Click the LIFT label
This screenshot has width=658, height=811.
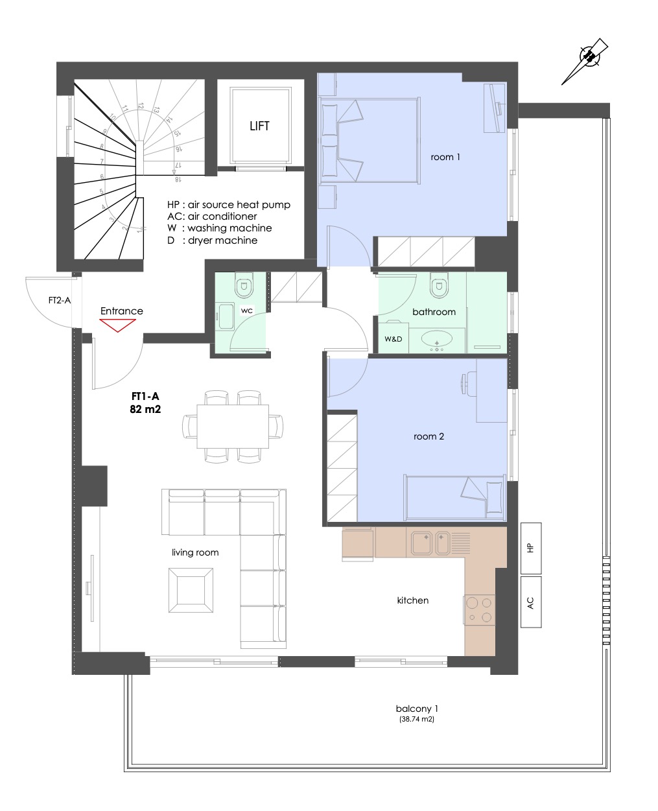click(259, 126)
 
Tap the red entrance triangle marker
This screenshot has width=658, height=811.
click(117, 325)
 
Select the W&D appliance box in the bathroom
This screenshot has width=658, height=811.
click(393, 338)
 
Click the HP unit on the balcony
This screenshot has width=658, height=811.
click(530, 548)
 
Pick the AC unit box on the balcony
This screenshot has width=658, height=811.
click(530, 602)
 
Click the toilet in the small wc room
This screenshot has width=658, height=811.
click(244, 285)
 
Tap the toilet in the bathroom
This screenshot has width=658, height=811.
click(439, 285)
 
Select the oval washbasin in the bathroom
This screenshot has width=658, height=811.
click(437, 337)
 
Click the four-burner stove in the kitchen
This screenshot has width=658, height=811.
click(480, 609)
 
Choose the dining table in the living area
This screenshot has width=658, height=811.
click(232, 426)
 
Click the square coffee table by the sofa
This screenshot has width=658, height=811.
click(191, 590)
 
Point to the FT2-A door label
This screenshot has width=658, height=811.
click(60, 300)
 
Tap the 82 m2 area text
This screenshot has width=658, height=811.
click(145, 409)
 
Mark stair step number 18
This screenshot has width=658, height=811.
click(177, 178)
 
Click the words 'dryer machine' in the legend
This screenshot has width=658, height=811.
click(222, 241)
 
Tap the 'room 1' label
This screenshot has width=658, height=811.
click(445, 157)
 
